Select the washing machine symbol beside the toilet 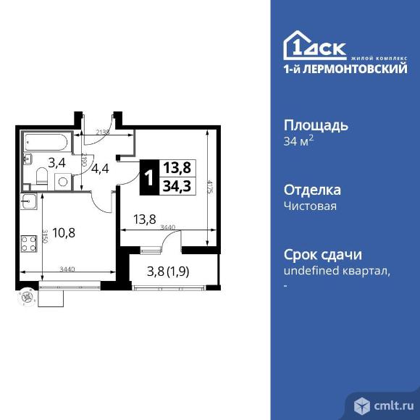coord(62,182)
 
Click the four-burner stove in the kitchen coord(30,244)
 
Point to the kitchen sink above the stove coord(30,202)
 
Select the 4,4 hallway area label coord(100,169)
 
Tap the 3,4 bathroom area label coord(57,162)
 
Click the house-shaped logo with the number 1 coord(298,46)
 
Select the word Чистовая coord(310,206)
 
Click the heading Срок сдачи coord(322,255)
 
